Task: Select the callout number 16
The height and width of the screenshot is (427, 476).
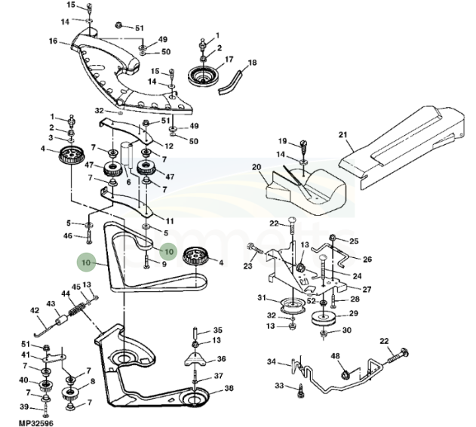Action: (x=54, y=41)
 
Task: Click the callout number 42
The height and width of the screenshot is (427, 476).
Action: (x=34, y=310)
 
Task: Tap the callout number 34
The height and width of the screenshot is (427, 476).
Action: (x=272, y=362)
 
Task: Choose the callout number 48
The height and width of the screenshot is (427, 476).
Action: (x=336, y=356)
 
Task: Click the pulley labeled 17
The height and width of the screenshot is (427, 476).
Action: (x=201, y=75)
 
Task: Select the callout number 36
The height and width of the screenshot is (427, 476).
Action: (x=221, y=359)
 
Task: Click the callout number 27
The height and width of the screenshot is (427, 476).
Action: (x=367, y=289)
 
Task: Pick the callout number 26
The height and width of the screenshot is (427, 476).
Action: (x=367, y=260)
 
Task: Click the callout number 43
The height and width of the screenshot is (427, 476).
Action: (x=51, y=304)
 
